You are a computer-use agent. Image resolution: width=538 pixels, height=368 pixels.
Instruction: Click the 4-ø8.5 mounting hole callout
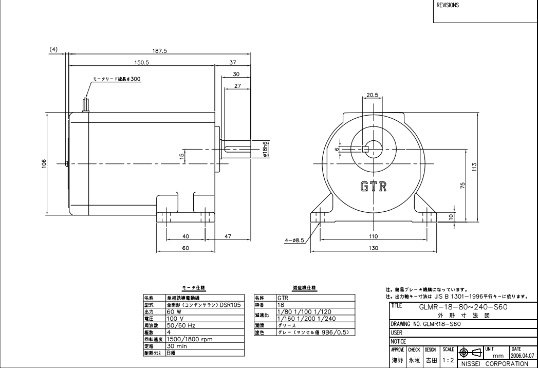pos(294,240)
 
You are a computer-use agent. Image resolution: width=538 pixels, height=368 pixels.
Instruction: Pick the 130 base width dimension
pos(373,248)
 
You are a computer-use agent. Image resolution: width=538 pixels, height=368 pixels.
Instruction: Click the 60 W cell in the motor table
pos(175,311)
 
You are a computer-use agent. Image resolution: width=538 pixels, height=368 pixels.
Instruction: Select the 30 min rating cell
pos(177,346)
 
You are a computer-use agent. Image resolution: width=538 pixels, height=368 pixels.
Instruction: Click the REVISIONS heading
pos(448,6)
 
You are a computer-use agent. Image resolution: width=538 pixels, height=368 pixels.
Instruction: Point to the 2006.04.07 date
pos(522,355)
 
